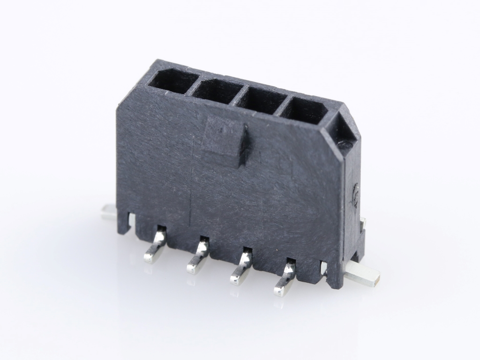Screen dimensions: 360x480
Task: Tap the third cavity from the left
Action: pyautogui.click(x=260, y=100)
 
